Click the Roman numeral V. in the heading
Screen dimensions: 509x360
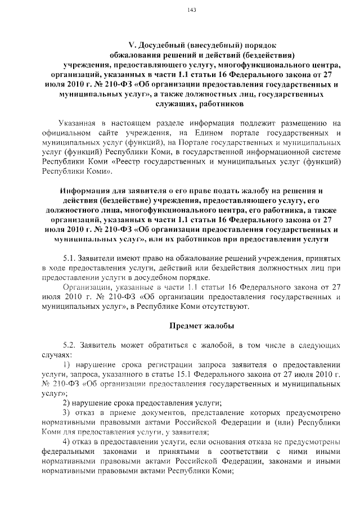point(133,46)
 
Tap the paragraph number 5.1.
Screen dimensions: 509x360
point(72,258)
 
